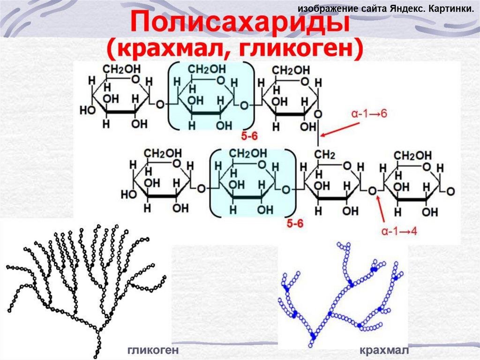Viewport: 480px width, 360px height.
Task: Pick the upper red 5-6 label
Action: pos(251,136)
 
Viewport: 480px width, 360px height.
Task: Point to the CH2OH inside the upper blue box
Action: pos(207,70)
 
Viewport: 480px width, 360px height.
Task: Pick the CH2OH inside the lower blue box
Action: pos(249,154)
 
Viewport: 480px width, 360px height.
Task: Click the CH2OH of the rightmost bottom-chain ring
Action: pos(412,155)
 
